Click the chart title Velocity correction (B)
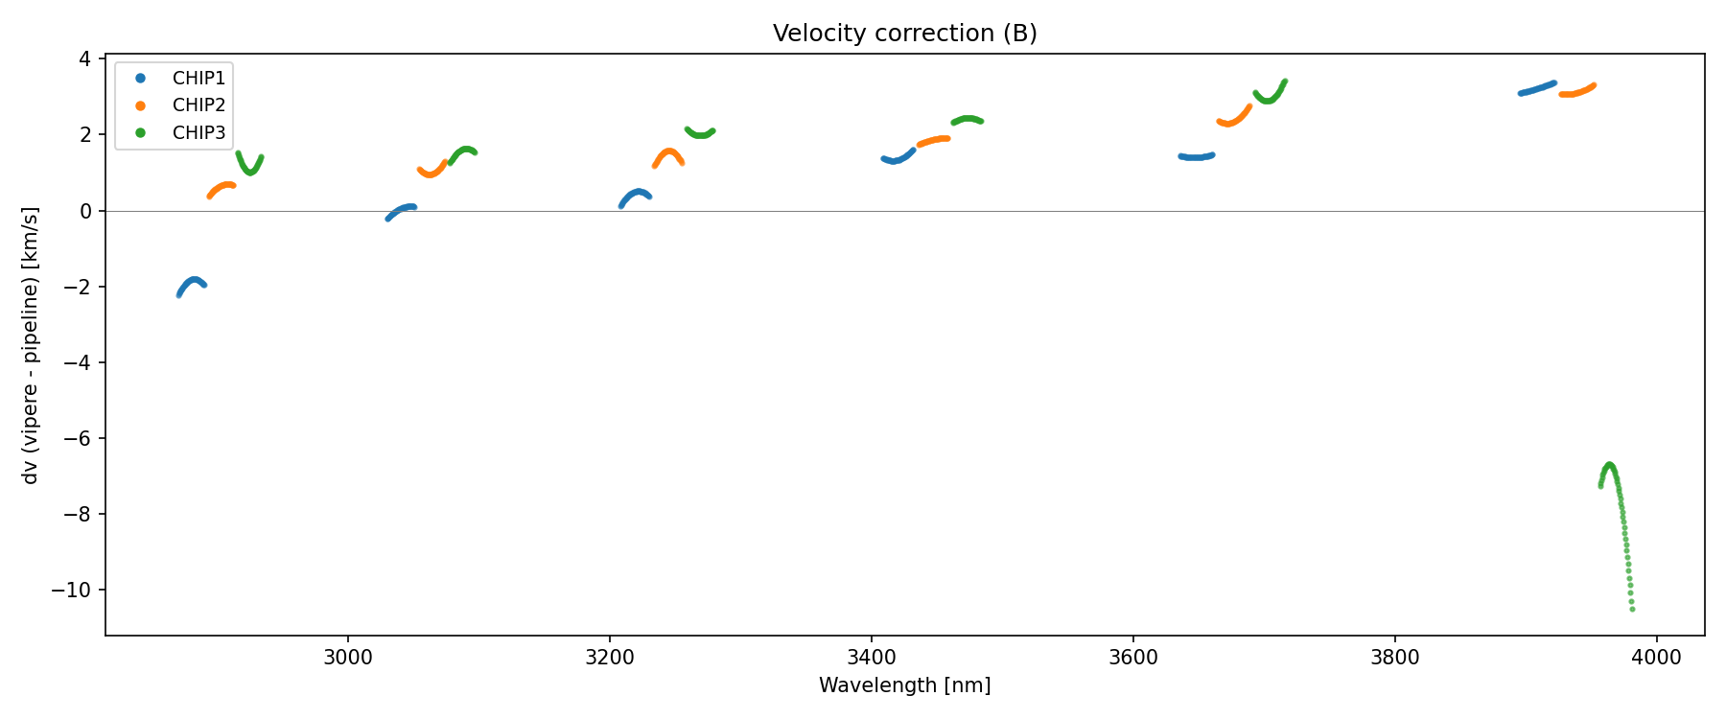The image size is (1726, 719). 904,34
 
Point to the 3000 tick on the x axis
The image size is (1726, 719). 347,658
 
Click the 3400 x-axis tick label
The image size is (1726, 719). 871,658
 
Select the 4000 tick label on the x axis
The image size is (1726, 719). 1656,658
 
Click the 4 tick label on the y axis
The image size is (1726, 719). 85,59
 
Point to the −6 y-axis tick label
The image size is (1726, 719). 78,438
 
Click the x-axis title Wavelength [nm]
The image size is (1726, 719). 904,685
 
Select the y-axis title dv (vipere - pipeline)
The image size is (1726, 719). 31,345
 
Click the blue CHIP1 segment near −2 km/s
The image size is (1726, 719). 193,281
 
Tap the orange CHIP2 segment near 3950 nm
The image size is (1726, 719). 1576,92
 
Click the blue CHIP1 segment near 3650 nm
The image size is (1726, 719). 1196,157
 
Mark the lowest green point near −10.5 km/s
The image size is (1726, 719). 1632,609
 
